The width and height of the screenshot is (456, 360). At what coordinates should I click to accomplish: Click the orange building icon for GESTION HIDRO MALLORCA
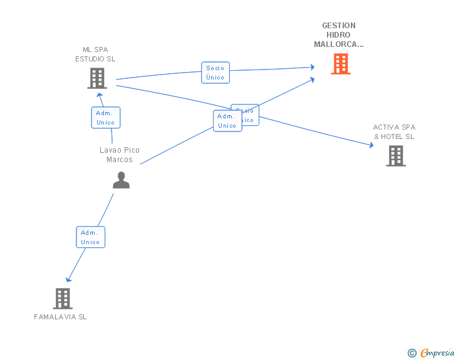click(340, 63)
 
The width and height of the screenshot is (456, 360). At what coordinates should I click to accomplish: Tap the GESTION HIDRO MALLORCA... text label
click(339, 35)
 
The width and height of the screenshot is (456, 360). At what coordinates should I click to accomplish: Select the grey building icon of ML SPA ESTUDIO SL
click(96, 78)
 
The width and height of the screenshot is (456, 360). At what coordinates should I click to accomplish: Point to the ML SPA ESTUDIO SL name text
click(96, 54)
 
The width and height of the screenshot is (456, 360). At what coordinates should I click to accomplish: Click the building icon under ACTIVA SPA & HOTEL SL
click(395, 155)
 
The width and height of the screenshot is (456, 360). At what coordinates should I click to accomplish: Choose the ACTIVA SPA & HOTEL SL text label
click(394, 131)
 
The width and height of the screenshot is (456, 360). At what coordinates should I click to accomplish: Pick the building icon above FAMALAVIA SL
click(62, 298)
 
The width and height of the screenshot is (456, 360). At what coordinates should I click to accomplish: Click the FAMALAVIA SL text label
click(60, 317)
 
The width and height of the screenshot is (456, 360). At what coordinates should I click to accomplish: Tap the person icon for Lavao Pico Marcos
click(121, 180)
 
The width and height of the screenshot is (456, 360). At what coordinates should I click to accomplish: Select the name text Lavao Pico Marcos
click(120, 155)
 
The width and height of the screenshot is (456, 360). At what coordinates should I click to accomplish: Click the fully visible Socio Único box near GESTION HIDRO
click(215, 73)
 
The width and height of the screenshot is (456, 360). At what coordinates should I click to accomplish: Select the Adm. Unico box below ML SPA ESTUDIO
click(106, 118)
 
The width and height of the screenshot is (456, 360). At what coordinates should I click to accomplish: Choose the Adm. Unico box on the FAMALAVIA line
click(90, 237)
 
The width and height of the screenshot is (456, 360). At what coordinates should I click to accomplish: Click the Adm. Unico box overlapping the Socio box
click(227, 121)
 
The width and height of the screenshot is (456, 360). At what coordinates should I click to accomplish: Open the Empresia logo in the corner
click(437, 353)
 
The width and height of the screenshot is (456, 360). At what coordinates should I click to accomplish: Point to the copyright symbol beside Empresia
click(412, 353)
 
